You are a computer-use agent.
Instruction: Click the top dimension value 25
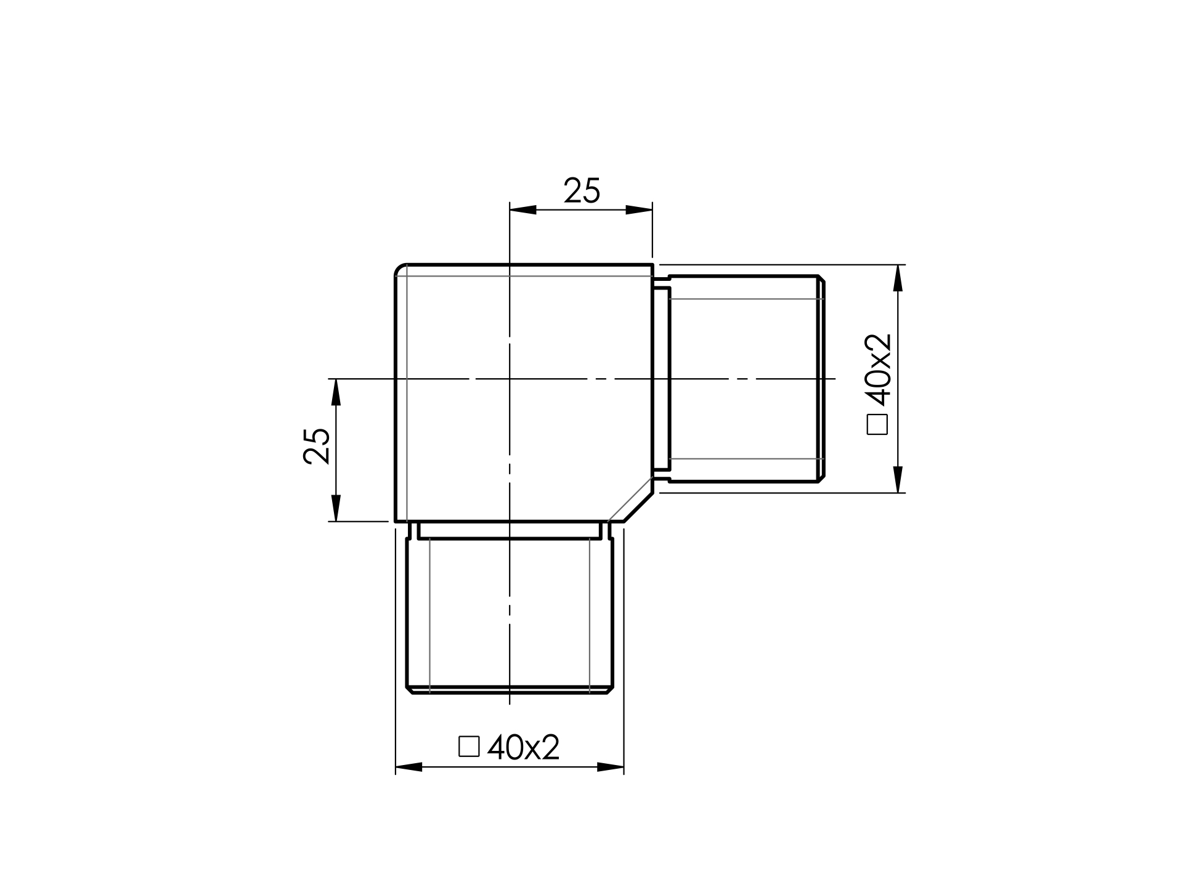(x=581, y=191)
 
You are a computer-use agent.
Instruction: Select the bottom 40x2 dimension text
(x=524, y=747)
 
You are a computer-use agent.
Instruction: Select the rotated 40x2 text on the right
(x=878, y=370)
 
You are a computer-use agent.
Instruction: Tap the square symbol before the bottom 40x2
(x=469, y=747)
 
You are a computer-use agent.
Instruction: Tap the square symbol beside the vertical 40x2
(x=877, y=424)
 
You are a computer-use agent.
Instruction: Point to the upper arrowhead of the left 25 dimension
(x=336, y=392)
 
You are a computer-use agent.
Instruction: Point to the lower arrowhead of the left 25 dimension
(x=336, y=508)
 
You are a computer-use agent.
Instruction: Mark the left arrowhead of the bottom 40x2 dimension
(x=409, y=767)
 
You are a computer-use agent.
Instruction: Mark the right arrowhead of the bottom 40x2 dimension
(x=611, y=767)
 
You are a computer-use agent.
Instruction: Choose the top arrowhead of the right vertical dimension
(x=898, y=278)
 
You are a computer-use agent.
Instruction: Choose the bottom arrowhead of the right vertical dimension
(x=898, y=480)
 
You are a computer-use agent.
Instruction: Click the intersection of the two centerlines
(x=510, y=378)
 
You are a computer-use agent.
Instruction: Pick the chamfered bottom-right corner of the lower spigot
(x=610, y=691)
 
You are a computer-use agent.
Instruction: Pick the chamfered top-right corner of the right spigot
(x=821, y=278)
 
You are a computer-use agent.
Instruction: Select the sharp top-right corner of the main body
(x=652, y=265)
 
